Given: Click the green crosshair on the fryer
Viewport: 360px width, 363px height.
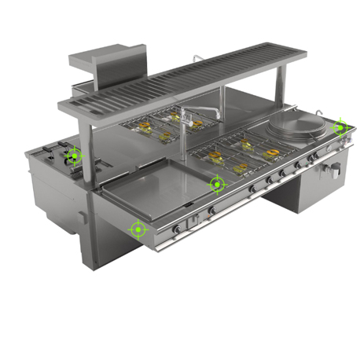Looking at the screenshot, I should click(74, 155).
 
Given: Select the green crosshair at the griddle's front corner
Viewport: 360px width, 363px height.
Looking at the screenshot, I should click(138, 229).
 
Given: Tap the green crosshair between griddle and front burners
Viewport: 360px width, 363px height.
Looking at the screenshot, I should click(216, 184).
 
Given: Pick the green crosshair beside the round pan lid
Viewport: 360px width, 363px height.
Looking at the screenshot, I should click(340, 126).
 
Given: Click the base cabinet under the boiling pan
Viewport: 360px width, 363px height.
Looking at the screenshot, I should click(299, 192).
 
